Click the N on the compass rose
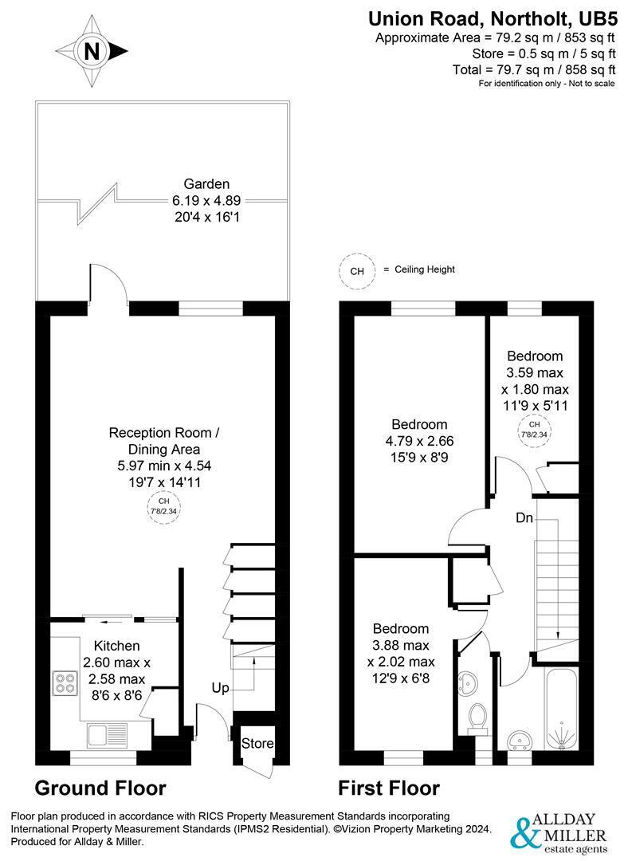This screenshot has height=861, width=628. point(92,52)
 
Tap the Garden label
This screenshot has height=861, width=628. point(206,184)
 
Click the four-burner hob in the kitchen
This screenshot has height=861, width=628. point(65,682)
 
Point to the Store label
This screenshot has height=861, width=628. point(257,743)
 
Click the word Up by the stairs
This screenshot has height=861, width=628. point(220,688)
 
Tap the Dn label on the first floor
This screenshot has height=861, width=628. point(524,517)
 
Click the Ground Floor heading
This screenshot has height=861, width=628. point(100,788)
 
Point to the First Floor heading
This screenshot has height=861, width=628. point(389,788)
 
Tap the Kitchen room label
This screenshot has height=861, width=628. point(117,646)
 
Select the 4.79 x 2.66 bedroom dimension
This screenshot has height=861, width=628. point(420,441)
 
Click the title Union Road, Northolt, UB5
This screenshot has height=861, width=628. point(493,18)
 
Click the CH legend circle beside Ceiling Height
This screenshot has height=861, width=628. point(357,271)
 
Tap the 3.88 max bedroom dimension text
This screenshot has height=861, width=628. point(401,645)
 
